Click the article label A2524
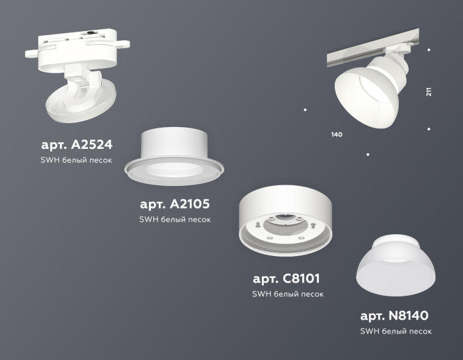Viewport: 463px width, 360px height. click(76, 144)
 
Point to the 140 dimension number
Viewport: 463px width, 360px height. click(337, 135)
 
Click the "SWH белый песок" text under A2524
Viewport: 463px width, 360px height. click(76, 160)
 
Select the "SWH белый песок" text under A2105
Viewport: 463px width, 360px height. click(175, 220)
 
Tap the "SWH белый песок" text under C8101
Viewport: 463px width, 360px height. click(287, 294)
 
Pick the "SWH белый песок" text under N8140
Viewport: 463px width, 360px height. click(396, 331)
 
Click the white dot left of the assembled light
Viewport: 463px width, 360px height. click(305, 109)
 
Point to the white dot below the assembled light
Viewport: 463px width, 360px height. click(368, 155)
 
